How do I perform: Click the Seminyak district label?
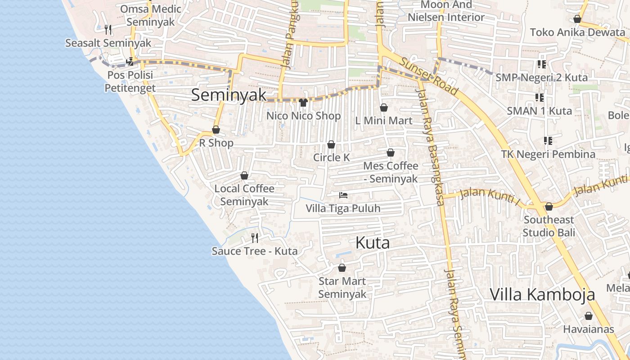[x=229, y=95]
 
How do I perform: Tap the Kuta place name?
[x=372, y=243]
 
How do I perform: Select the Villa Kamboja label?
[x=542, y=295]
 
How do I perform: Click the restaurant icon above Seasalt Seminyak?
[x=108, y=30]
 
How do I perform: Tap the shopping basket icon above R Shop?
[x=216, y=130]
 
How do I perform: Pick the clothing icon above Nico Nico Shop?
[x=303, y=103]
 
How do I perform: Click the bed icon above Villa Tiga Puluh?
[x=343, y=195]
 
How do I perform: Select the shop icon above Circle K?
[x=331, y=144]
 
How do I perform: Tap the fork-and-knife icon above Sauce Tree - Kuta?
[x=255, y=238]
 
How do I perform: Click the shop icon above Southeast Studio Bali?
[x=549, y=207]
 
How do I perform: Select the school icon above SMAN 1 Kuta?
[x=539, y=97]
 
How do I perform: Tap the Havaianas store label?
[x=588, y=329]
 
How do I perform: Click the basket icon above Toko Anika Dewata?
[x=577, y=19]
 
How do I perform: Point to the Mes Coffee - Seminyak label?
[x=391, y=172]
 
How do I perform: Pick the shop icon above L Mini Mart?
[x=384, y=108]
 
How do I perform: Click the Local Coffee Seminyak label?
[x=244, y=195]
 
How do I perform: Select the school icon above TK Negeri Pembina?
[x=548, y=141]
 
